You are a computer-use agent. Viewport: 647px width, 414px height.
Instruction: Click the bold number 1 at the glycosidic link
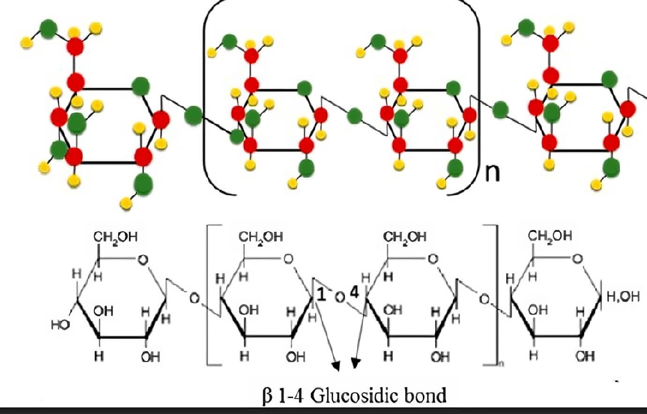click(321, 294)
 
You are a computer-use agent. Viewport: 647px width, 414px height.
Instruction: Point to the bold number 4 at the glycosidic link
click(354, 293)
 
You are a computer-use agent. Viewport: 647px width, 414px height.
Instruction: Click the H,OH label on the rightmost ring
click(623, 296)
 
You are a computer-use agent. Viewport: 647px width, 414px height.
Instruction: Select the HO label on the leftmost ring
click(60, 324)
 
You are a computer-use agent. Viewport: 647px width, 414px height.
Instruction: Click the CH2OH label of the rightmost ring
click(550, 236)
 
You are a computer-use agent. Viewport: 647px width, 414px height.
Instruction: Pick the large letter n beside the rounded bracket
click(492, 173)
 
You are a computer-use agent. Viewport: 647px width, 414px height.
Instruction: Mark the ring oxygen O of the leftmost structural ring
click(143, 259)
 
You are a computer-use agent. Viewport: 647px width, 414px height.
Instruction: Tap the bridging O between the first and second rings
click(194, 297)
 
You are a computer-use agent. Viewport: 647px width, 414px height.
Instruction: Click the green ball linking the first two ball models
click(193, 115)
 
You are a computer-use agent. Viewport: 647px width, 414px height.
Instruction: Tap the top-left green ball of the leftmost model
click(48, 29)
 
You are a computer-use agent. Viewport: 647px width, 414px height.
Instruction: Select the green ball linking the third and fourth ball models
click(501, 110)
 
